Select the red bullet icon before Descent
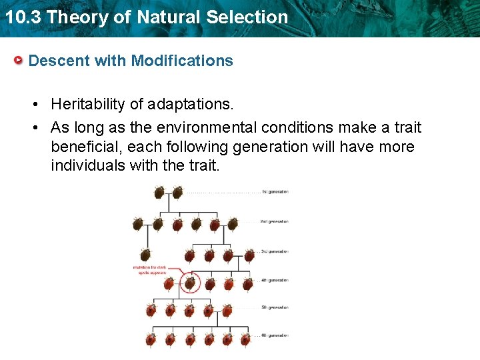click(x=20, y=61)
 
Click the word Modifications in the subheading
click(x=182, y=61)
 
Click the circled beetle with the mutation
click(x=190, y=283)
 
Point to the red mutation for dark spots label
click(x=150, y=270)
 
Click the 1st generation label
click(x=275, y=192)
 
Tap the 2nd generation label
click(x=275, y=221)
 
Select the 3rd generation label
click(x=275, y=251)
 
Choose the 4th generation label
click(x=275, y=280)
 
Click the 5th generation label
click(x=275, y=307)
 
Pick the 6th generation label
click(x=275, y=335)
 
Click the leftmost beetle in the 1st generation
click(x=159, y=193)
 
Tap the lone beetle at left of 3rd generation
click(x=145, y=255)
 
